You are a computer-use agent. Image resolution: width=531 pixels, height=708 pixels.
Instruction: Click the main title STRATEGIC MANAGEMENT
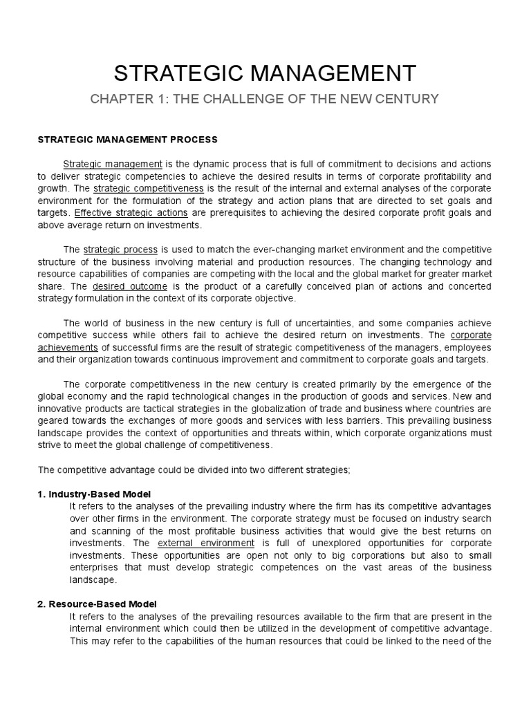click(x=265, y=72)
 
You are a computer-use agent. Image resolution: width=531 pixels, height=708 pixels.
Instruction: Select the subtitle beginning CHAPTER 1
click(x=265, y=99)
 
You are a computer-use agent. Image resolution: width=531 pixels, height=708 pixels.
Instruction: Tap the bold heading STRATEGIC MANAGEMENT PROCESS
click(x=127, y=140)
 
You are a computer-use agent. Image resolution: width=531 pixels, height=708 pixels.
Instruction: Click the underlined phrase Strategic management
click(x=113, y=164)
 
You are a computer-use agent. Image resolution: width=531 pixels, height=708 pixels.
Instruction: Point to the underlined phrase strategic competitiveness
click(x=149, y=188)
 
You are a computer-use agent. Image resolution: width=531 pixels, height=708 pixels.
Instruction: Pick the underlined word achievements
click(x=68, y=348)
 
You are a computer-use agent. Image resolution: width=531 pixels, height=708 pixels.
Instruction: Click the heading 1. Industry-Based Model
click(x=93, y=494)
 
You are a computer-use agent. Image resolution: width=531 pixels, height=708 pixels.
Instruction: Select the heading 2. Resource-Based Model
click(x=97, y=604)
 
